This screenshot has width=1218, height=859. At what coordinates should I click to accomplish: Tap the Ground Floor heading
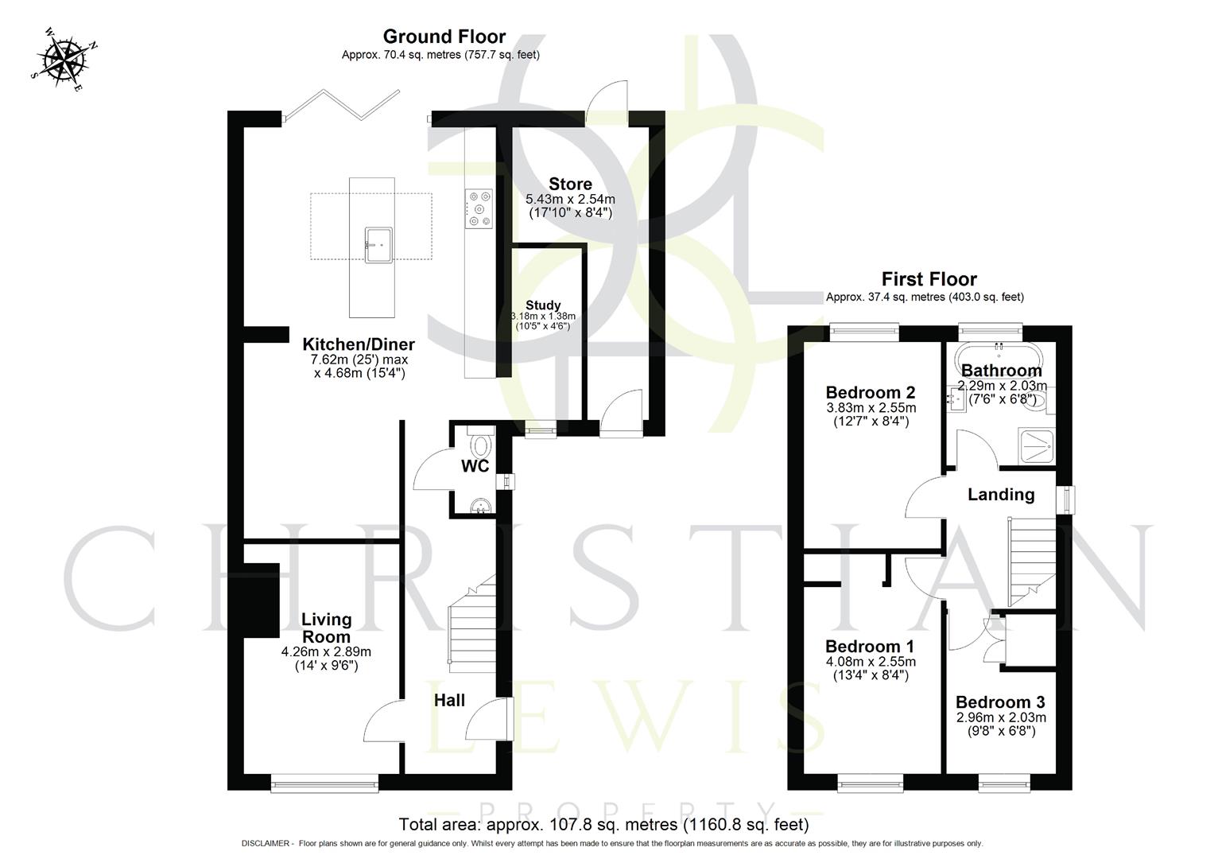click(444, 37)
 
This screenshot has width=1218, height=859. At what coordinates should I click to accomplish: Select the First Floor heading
click(929, 279)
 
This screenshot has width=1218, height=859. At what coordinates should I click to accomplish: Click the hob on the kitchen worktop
click(479, 208)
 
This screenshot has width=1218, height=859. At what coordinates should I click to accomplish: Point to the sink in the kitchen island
click(378, 241)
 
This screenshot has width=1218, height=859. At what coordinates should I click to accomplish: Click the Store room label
click(570, 185)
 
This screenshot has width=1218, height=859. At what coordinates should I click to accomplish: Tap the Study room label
click(543, 305)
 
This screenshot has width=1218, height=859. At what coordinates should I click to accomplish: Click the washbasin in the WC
click(481, 506)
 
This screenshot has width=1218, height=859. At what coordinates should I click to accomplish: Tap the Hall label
click(449, 701)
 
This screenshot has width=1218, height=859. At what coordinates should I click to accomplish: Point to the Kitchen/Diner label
click(359, 344)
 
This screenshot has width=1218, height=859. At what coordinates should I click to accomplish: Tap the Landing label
click(1001, 495)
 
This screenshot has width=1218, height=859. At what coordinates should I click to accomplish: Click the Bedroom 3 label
click(1000, 702)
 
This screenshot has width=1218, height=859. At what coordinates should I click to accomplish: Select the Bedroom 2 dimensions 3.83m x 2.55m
click(871, 408)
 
